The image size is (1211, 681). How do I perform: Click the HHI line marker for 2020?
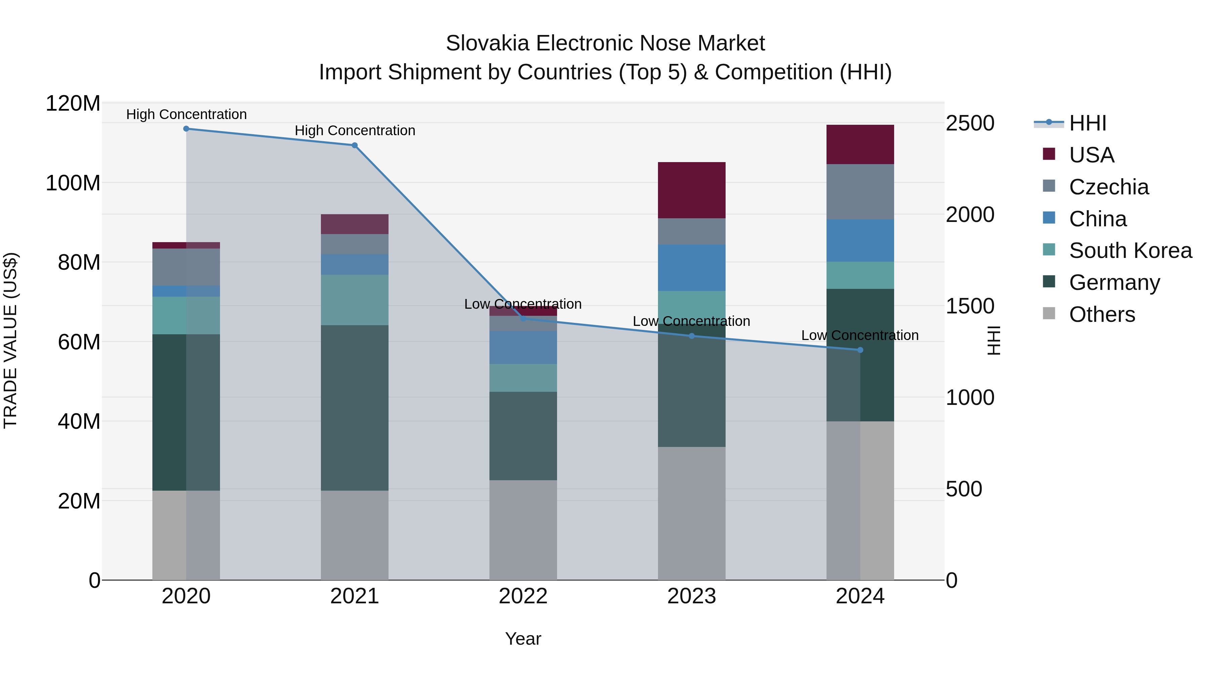pos(186,128)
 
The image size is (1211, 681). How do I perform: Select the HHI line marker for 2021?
pos(355,145)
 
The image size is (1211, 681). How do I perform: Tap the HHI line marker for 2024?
pos(860,350)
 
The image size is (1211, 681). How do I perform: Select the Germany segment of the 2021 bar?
pos(355,408)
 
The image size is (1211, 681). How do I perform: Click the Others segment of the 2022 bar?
pos(523,530)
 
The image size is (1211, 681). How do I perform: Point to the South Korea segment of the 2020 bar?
pos(186,315)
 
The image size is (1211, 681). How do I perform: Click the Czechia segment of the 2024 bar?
pos(860,191)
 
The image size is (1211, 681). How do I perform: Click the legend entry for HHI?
pos(1087,123)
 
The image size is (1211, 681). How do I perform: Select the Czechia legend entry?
pos(1108,187)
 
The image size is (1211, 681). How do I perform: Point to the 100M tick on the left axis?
pos(73,183)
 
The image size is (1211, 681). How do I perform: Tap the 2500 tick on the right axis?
pos(969,123)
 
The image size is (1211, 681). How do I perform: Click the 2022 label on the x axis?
pos(523,596)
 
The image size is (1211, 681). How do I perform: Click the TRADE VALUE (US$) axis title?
pos(10,340)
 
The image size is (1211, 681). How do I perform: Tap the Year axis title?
pos(523,639)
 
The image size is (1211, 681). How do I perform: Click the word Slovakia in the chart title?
pos(487,43)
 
